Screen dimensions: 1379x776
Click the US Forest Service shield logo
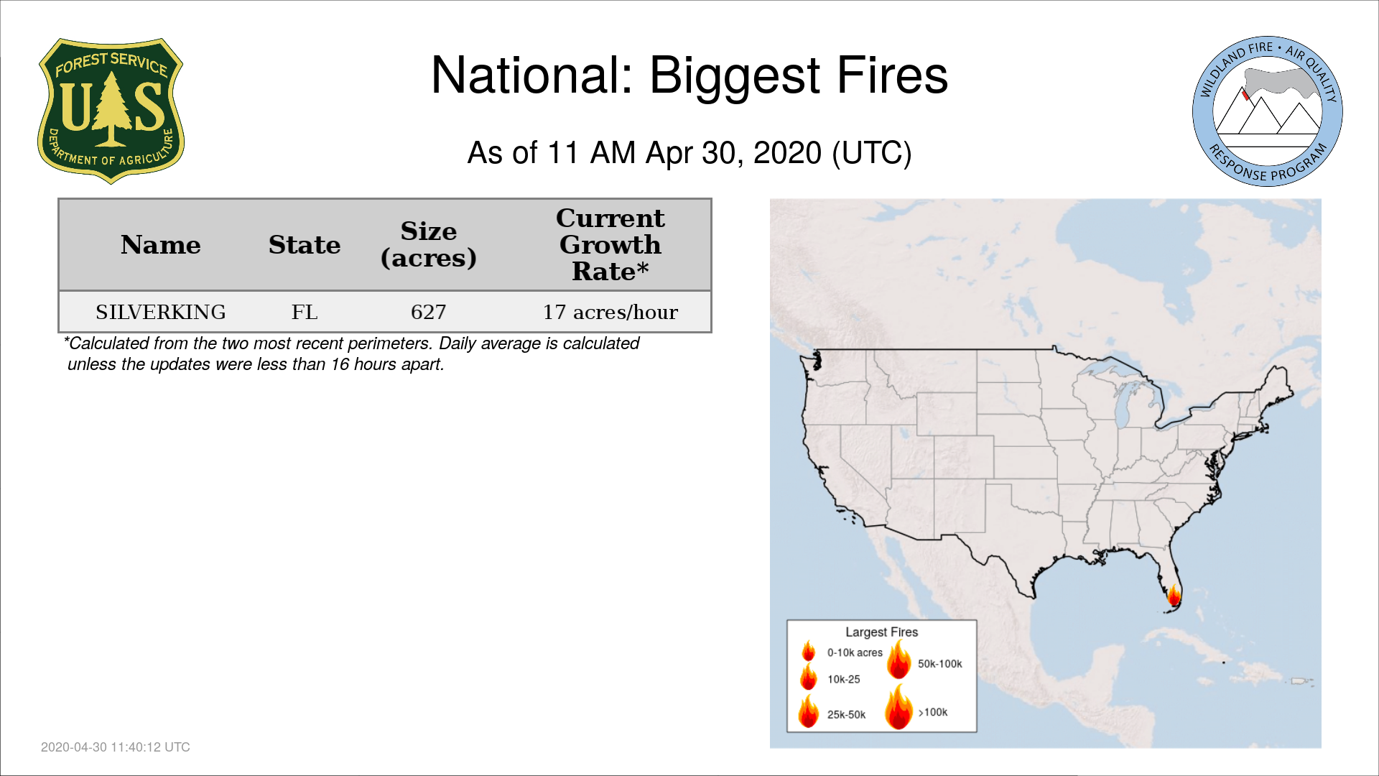[111, 111]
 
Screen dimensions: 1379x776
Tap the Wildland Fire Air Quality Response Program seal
[1268, 111]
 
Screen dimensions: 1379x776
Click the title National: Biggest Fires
[689, 75]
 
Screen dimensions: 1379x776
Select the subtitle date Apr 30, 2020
[733, 153]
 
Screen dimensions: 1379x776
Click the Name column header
[161, 245]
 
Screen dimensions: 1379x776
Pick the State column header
[305, 245]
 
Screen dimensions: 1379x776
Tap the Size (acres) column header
[429, 244]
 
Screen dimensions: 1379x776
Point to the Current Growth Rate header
[610, 244]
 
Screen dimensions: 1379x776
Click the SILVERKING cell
[161, 312]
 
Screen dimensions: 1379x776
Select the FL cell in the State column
[305, 312]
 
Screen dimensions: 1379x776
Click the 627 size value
[429, 312]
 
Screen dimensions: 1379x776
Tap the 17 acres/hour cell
[610, 312]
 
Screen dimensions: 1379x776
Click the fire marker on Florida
[1174, 596]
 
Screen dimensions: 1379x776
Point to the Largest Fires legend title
[882, 632]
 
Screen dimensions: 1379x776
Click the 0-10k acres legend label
[855, 652]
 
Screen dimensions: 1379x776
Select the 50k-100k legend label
[940, 664]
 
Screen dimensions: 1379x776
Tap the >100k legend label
[933, 712]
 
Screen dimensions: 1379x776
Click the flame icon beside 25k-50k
[809, 711]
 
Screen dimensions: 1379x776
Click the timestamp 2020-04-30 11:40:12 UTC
[116, 747]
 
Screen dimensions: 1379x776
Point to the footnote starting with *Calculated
[352, 354]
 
